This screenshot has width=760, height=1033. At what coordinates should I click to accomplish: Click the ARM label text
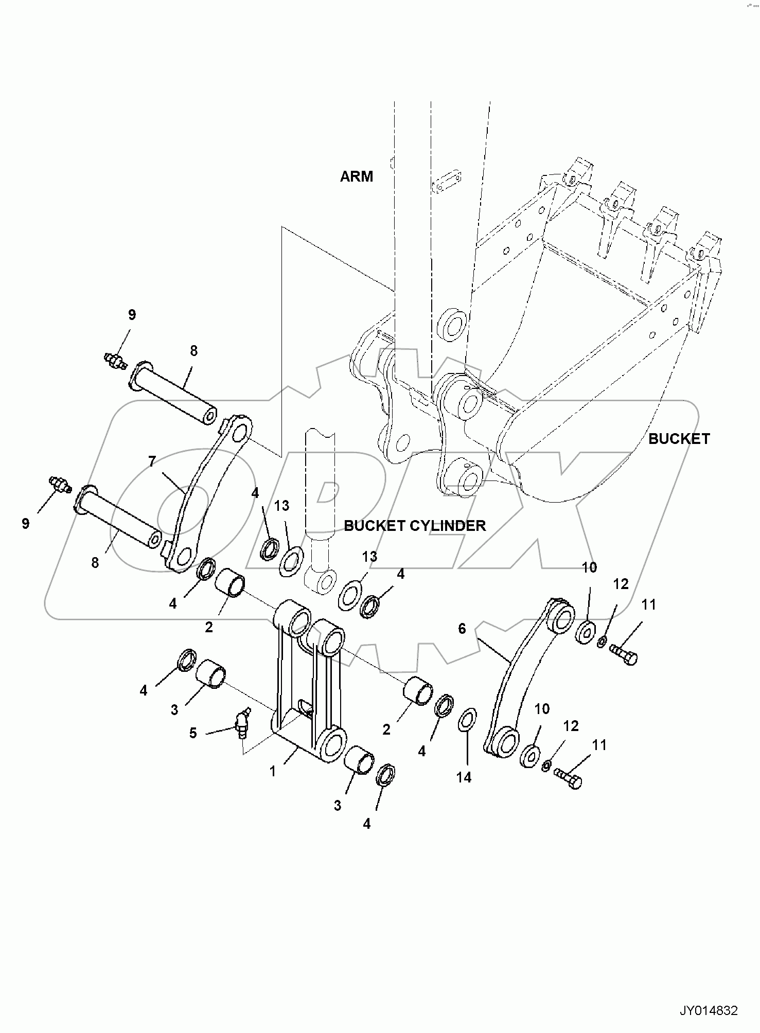click(356, 176)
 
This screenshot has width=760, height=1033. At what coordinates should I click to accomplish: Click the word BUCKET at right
click(679, 439)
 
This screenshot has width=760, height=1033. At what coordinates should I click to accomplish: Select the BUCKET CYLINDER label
click(415, 526)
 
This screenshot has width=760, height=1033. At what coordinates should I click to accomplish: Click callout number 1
click(273, 771)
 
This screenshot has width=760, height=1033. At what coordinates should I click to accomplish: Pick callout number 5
click(193, 733)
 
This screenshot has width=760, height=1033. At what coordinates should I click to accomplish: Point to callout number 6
click(462, 628)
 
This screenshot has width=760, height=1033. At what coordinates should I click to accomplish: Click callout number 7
click(151, 461)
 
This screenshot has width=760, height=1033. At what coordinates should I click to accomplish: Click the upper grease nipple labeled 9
click(115, 360)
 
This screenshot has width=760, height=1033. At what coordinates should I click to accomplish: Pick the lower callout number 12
click(571, 726)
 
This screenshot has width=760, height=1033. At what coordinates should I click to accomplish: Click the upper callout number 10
click(589, 567)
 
